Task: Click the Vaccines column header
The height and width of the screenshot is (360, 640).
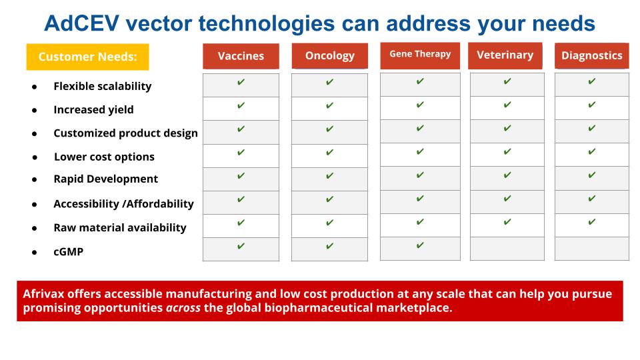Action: tap(241, 56)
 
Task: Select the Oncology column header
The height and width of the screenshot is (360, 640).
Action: tap(330, 56)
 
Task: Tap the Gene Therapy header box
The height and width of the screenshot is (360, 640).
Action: tap(420, 55)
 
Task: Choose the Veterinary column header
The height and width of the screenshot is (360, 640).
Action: tap(505, 55)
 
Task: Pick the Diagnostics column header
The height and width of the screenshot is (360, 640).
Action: tap(592, 55)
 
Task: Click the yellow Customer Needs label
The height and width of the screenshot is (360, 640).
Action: tap(88, 57)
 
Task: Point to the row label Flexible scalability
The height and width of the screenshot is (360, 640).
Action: tap(103, 86)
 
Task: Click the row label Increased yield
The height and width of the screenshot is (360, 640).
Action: tap(93, 110)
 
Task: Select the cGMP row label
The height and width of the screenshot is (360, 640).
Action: tap(68, 252)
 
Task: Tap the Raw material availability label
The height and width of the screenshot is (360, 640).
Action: tap(120, 228)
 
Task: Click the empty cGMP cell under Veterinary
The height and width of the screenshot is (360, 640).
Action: tap(507, 249)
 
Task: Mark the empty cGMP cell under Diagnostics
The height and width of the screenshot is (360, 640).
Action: tap(592, 249)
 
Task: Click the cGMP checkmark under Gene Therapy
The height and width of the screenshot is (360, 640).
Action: tap(420, 245)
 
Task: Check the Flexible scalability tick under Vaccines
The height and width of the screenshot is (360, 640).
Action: tap(241, 82)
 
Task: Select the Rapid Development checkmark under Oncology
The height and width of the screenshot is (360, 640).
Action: tap(330, 176)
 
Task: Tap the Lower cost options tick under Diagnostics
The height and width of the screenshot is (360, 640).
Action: tap(592, 152)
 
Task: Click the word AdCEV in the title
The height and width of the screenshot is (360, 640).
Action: tap(81, 23)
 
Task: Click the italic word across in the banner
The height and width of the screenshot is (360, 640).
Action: tap(183, 308)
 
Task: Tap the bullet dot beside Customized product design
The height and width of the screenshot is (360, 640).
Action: tap(34, 134)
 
